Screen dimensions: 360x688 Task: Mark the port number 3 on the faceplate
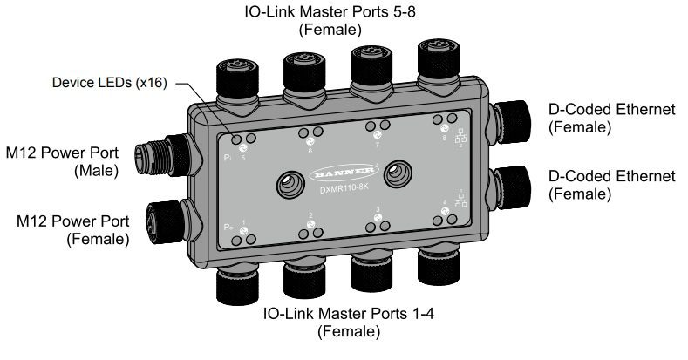pos(377,209)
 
